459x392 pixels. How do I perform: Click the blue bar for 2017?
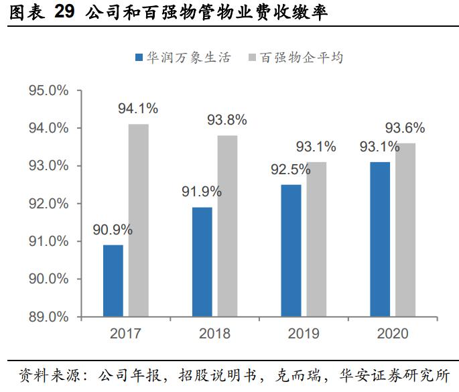[113, 281]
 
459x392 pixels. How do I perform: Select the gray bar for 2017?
[139, 220]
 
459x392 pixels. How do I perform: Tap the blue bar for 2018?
[202, 262]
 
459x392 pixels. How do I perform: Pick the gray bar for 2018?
[227, 226]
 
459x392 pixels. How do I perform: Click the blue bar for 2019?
[291, 251]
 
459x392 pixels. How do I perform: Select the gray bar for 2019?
[316, 239]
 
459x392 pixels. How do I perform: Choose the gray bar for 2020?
[405, 230]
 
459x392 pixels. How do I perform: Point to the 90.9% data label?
[113, 230]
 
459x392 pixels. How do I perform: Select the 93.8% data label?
[226, 120]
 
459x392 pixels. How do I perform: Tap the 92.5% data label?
[290, 170]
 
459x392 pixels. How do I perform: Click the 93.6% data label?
[405, 128]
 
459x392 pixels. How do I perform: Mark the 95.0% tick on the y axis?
[48, 90]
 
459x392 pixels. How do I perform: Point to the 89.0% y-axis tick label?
[48, 317]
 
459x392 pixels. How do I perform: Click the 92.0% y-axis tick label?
[48, 204]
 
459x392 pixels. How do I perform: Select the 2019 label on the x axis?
[304, 334]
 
